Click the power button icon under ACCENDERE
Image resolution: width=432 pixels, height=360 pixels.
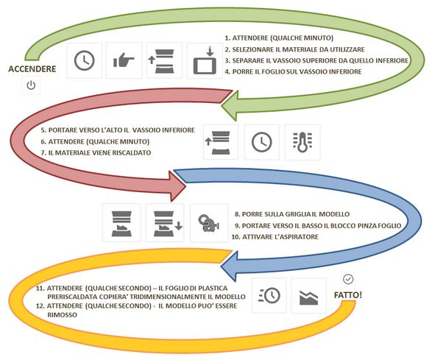(31, 85)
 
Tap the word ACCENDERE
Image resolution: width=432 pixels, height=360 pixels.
(32, 69)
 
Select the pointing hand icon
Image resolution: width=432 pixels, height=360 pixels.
(124, 60)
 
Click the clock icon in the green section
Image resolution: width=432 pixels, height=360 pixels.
(85, 60)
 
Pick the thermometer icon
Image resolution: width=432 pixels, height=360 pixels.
(302, 142)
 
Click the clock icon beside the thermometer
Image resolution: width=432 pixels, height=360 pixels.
(262, 142)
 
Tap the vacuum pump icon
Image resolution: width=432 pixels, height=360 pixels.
(209, 223)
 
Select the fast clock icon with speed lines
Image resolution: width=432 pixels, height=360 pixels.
(269, 295)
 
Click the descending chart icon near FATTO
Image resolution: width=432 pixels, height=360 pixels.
(308, 297)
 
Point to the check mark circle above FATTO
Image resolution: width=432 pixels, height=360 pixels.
(348, 279)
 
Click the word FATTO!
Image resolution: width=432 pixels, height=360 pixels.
(348, 295)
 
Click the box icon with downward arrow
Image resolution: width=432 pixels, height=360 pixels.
(205, 60)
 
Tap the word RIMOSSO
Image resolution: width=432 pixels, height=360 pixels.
(62, 315)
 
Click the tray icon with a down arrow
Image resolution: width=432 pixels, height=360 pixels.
(168, 223)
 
